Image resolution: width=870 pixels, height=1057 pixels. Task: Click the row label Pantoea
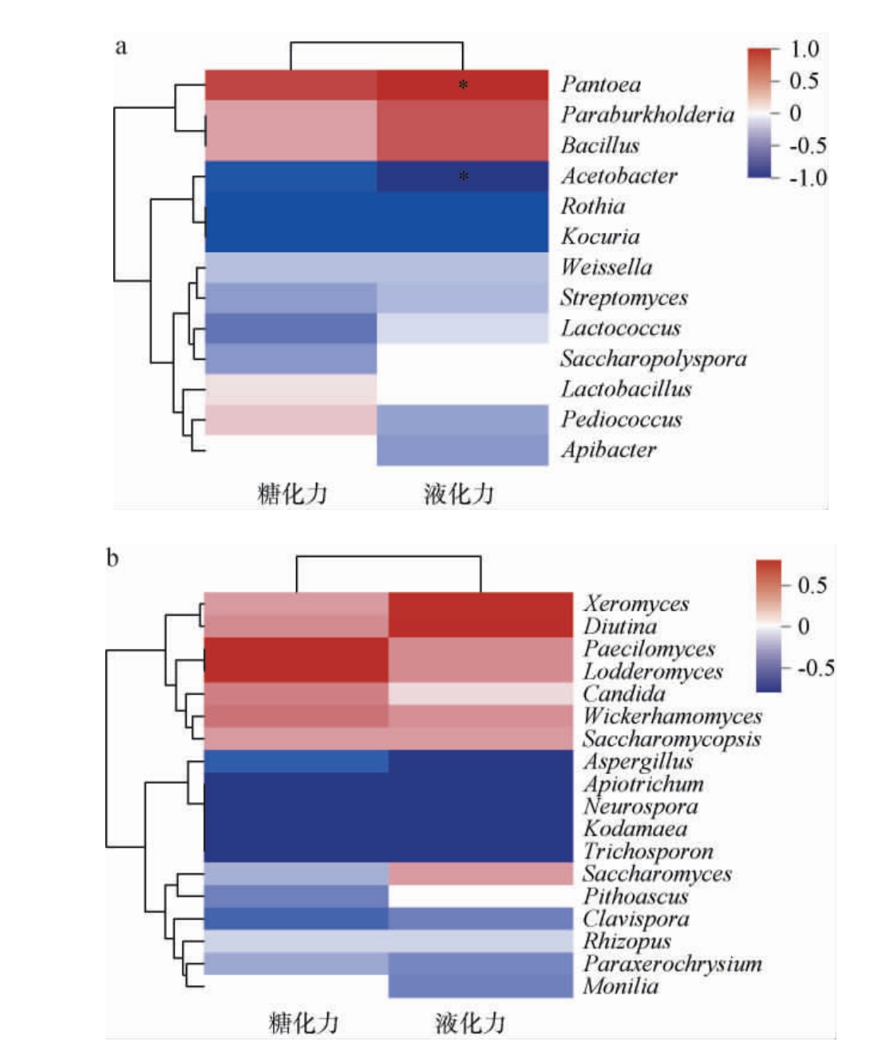click(x=600, y=84)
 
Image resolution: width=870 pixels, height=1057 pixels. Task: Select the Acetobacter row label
click(x=619, y=176)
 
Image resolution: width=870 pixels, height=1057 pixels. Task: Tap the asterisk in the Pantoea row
click(x=463, y=85)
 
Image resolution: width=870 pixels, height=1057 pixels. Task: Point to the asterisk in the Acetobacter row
click(x=463, y=176)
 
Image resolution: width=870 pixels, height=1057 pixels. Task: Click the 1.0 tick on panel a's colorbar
click(x=804, y=49)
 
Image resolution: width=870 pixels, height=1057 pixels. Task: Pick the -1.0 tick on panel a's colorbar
click(x=807, y=178)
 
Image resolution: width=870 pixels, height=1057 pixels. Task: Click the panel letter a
click(x=121, y=46)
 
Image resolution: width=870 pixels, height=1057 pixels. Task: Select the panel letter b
click(x=113, y=558)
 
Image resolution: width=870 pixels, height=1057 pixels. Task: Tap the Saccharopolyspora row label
click(x=653, y=359)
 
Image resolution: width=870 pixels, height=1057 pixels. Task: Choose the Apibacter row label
click(x=608, y=450)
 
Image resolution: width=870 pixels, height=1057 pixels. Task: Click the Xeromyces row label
click(x=636, y=604)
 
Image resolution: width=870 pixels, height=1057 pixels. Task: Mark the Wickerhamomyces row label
click(x=672, y=716)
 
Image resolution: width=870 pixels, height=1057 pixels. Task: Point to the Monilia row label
click(x=621, y=987)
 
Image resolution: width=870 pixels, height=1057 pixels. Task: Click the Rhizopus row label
click(x=627, y=941)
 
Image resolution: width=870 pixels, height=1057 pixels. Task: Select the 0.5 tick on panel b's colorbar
click(x=812, y=586)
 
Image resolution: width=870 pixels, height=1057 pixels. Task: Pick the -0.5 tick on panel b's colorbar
click(x=815, y=668)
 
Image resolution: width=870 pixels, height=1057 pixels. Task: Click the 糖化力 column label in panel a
click(x=292, y=494)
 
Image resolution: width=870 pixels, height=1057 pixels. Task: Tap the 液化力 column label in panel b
click(x=470, y=1023)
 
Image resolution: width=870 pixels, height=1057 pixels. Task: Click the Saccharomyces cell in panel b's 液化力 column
click(x=480, y=874)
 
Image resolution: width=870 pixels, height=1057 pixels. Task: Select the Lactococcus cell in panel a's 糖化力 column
click(x=291, y=328)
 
